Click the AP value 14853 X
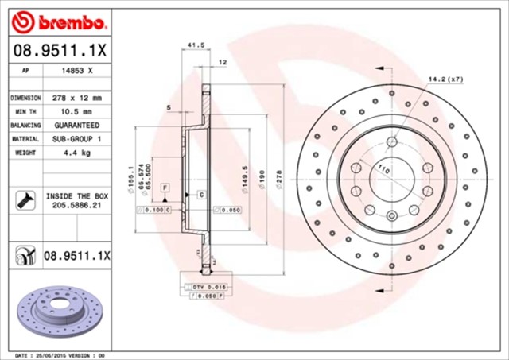(x=78, y=71)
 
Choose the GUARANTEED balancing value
(x=78, y=125)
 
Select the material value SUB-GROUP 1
(x=78, y=138)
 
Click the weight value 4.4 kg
(x=78, y=152)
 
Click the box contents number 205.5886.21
(x=78, y=204)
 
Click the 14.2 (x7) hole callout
(x=445, y=79)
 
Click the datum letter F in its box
(x=164, y=186)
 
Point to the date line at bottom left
(x=60, y=354)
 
